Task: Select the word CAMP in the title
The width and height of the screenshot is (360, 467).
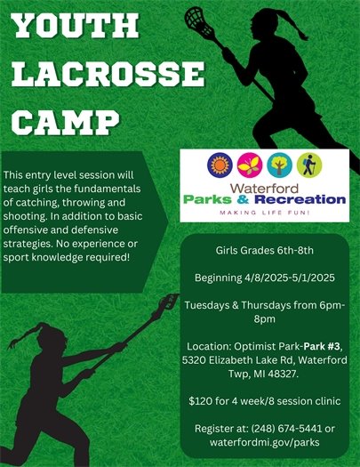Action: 69,119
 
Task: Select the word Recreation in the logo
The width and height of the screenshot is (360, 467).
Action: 298,200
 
